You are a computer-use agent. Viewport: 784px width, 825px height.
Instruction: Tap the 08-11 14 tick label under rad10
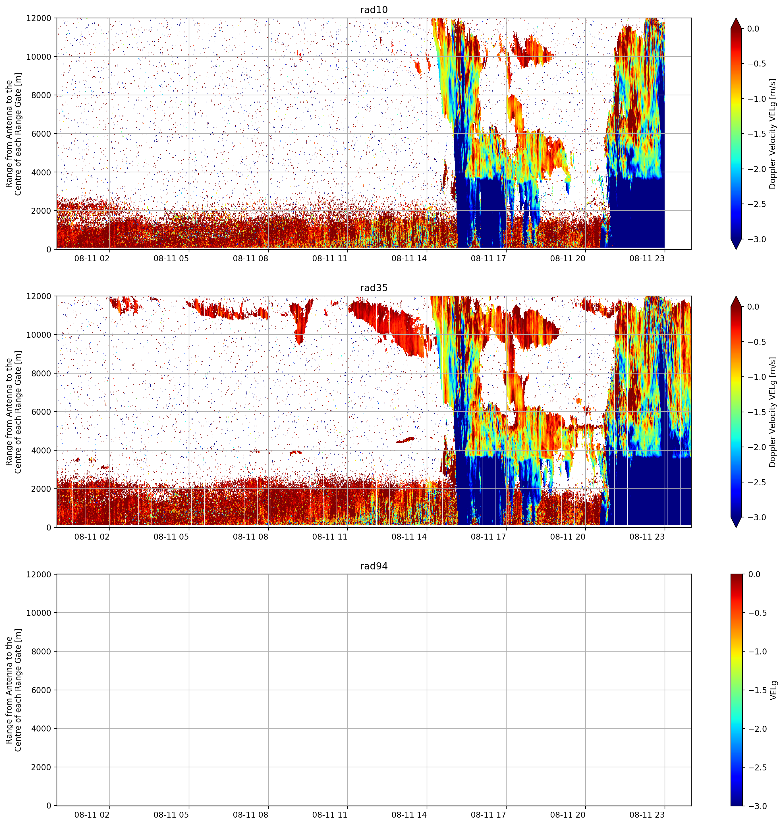pos(409,258)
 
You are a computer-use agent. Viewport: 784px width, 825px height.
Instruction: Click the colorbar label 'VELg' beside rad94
pos(773,690)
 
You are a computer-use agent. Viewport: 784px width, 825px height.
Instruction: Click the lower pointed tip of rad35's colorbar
pos(736,527)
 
